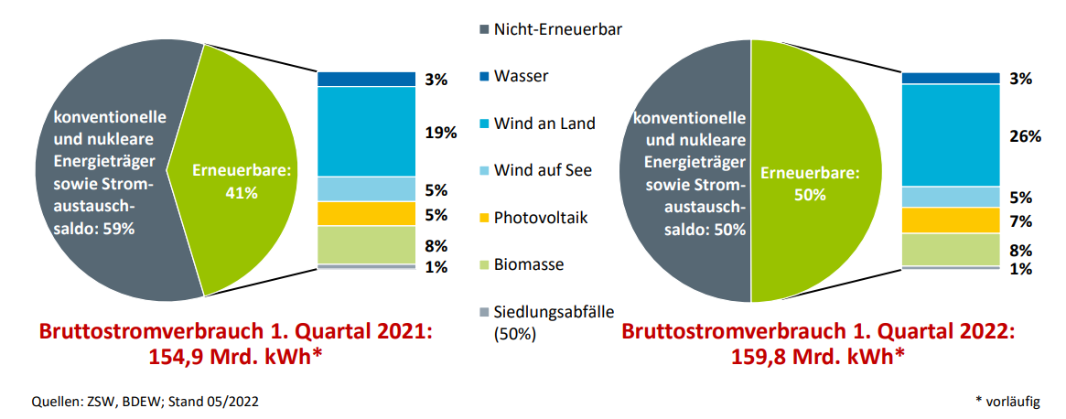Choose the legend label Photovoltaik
point(540,218)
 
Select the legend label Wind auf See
point(543,170)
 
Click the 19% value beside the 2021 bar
point(440,133)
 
